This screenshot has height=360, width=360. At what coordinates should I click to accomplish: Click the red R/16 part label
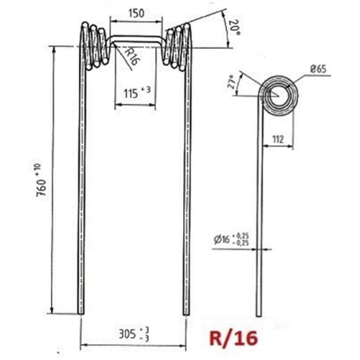tap(234, 338)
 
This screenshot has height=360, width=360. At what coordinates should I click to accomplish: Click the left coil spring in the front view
tap(93, 45)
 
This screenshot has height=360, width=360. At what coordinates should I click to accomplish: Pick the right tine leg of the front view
tap(188, 199)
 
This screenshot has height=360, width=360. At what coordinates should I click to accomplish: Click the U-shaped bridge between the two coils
tap(135, 36)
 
